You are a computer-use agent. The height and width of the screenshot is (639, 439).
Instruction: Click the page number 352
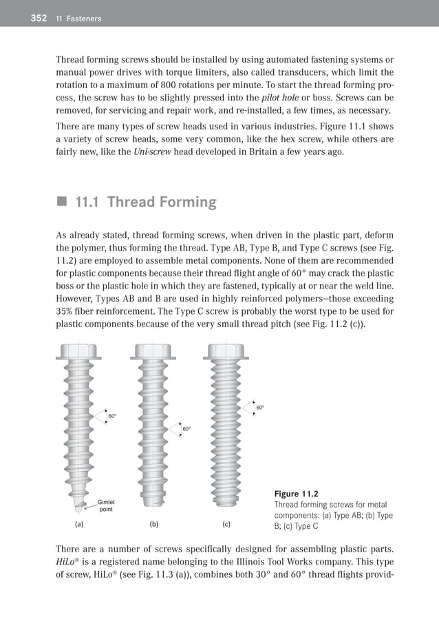tap(38, 19)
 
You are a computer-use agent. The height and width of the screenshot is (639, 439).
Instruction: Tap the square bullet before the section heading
tap(62, 202)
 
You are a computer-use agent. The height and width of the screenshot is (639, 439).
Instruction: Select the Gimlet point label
tap(106, 505)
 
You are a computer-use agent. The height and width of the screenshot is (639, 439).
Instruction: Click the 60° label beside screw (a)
tap(112, 416)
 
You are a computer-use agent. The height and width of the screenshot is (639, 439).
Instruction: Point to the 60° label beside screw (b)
tap(186, 429)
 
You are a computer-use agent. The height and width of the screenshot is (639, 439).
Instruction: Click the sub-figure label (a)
tap(78, 525)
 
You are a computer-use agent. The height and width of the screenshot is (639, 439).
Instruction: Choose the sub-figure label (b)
tap(153, 525)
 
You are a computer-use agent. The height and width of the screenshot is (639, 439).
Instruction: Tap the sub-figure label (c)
tap(226, 525)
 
